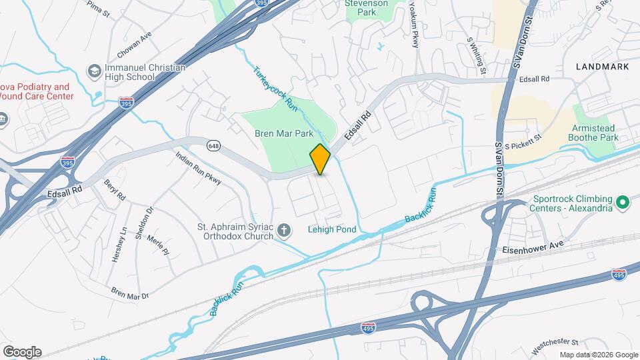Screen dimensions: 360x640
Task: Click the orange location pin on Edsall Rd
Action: pyautogui.click(x=321, y=159)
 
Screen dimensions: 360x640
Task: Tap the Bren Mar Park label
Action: pyautogui.click(x=284, y=133)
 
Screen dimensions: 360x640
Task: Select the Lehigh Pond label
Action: pyautogui.click(x=332, y=229)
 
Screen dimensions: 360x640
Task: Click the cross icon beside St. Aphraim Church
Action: pyautogui.click(x=284, y=231)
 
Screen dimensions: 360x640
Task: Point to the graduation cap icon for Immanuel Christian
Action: pyautogui.click(x=94, y=71)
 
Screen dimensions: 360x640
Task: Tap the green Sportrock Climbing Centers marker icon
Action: pyautogui.click(x=622, y=201)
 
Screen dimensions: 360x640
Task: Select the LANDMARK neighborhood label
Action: pyautogui.click(x=602, y=67)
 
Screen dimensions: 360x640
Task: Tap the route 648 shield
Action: pyautogui.click(x=213, y=145)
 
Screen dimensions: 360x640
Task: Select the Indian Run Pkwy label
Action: pyautogui.click(x=198, y=168)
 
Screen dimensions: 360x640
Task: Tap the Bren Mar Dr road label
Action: pyautogui.click(x=130, y=293)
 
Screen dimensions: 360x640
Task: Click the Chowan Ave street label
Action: pyautogui.click(x=135, y=44)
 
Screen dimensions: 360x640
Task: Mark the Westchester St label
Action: pyautogui.click(x=555, y=346)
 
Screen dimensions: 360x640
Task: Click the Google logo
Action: pyautogui.click(x=22, y=352)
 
